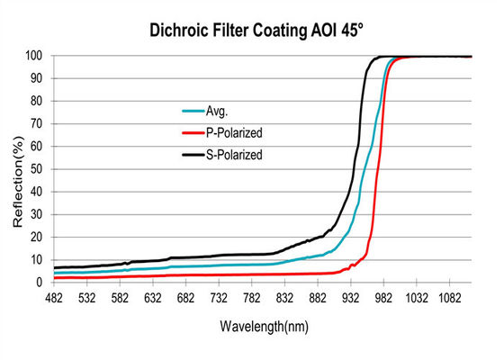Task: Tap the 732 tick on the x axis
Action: (225, 298)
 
